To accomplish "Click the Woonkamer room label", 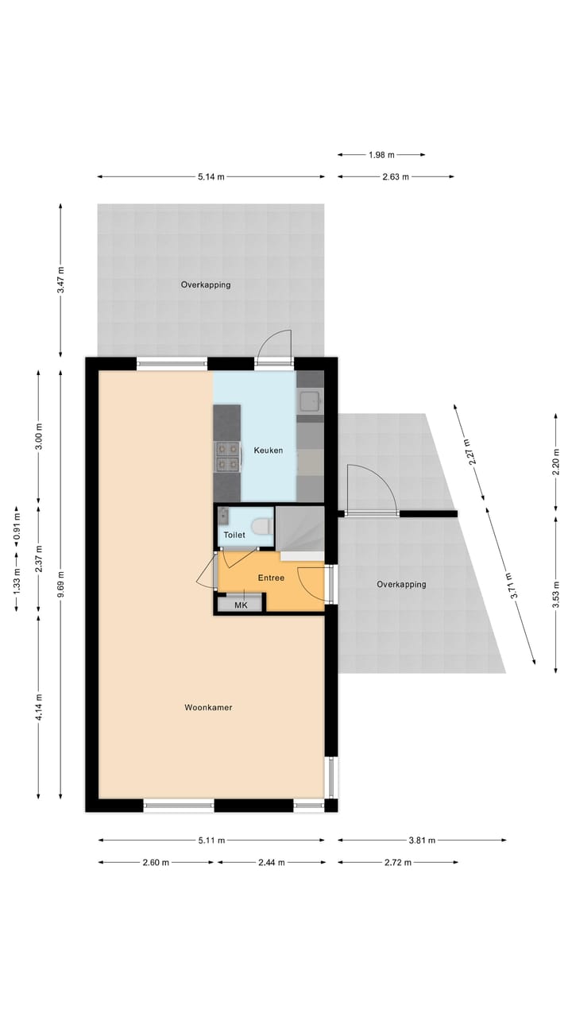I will click(208, 707).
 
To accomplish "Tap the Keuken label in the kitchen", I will click(269, 450).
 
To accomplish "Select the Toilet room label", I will click(234, 536).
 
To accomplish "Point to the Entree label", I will click(271, 578).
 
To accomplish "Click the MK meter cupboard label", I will click(241, 605).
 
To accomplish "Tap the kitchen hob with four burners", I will click(227, 456).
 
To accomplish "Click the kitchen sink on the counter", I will click(310, 401).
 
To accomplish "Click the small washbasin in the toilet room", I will click(224, 515).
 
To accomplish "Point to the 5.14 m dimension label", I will click(211, 176).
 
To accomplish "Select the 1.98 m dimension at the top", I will click(381, 155).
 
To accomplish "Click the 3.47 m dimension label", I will click(61, 280).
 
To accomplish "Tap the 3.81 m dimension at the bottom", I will click(421, 840).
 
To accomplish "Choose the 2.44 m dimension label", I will click(271, 862).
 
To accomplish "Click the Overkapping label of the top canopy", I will click(206, 284).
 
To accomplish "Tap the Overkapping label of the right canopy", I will click(401, 584).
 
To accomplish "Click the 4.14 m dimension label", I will click(38, 707).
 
